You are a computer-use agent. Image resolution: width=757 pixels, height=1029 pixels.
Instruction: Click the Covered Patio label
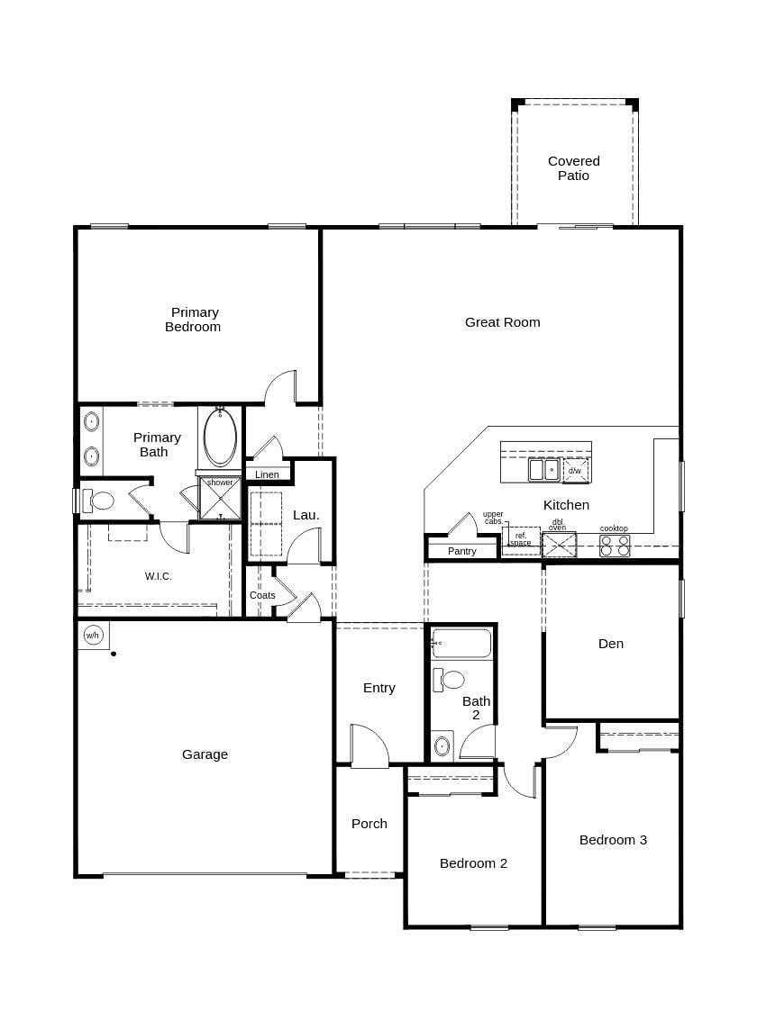(x=573, y=168)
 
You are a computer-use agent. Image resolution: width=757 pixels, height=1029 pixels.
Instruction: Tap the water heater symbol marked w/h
(x=92, y=635)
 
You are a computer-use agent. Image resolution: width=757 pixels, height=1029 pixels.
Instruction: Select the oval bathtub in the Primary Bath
(x=220, y=438)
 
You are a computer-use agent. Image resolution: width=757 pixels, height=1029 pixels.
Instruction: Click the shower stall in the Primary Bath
(x=220, y=499)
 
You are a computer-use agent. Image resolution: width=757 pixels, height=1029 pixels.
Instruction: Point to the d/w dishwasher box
(x=574, y=470)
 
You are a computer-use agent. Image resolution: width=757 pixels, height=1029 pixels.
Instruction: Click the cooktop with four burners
(x=615, y=546)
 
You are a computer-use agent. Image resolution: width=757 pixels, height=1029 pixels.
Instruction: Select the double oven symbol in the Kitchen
(x=559, y=545)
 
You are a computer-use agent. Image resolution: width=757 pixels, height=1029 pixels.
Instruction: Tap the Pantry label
(x=461, y=551)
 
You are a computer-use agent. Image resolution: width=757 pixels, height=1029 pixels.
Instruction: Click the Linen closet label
(x=267, y=474)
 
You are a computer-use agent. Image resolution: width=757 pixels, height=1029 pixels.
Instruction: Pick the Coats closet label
(x=262, y=595)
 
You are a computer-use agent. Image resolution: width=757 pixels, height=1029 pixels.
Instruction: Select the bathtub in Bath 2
(x=461, y=644)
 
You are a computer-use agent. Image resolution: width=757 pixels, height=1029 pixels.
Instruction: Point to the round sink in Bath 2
(x=442, y=745)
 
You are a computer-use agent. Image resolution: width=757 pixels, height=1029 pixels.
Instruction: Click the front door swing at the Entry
(x=370, y=745)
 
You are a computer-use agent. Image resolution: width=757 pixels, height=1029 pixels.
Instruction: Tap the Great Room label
(x=502, y=322)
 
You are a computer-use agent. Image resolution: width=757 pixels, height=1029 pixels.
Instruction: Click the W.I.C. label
(x=159, y=576)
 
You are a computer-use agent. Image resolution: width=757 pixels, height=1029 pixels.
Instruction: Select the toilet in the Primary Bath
(x=98, y=501)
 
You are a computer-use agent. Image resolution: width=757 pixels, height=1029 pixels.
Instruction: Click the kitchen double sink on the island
(x=543, y=469)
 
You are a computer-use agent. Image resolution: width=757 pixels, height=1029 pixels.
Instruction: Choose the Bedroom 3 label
(x=613, y=840)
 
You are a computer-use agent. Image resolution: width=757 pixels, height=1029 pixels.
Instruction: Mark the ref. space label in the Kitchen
(x=520, y=539)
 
